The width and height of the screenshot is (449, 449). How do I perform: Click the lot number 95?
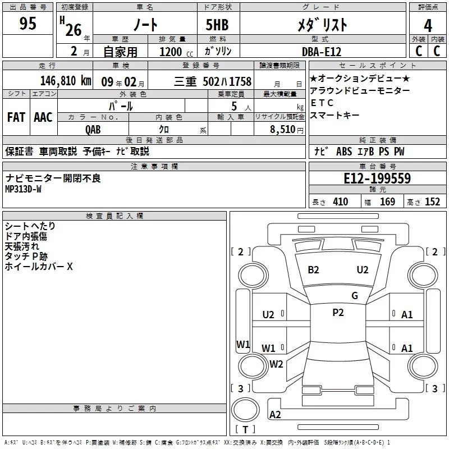click(28, 24)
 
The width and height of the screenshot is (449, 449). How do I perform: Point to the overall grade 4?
click(428, 25)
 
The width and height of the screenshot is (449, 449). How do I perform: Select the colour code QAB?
click(93, 129)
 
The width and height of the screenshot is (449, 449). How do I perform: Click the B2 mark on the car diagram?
click(313, 269)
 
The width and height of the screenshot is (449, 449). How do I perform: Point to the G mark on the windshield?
click(355, 295)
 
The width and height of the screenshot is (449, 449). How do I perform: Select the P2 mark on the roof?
click(338, 313)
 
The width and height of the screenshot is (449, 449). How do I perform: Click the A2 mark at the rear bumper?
click(275, 415)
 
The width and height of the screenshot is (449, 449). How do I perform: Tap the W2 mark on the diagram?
click(276, 364)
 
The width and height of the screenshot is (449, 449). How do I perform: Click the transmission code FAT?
click(16, 117)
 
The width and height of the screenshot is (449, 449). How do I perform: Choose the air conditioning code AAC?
click(43, 117)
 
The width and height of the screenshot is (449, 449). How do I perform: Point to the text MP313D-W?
click(23, 189)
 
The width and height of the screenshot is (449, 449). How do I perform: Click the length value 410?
click(340, 202)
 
